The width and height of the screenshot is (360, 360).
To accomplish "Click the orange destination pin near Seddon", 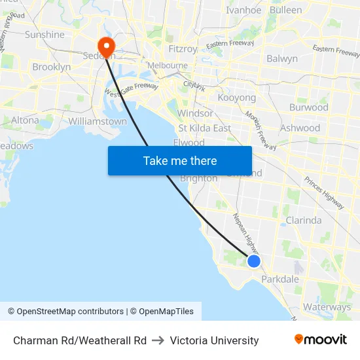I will click(x=105, y=45).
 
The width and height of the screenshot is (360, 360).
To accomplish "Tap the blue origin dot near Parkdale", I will click(x=254, y=261).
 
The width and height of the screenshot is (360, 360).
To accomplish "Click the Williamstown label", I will click(x=98, y=121).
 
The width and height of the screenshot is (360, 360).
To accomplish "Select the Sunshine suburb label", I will click(x=45, y=35).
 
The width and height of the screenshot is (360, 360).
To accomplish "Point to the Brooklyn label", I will click(x=51, y=67).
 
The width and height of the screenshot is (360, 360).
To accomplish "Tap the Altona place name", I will click(x=25, y=120).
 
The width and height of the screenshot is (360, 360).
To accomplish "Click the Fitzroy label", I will click(x=183, y=49).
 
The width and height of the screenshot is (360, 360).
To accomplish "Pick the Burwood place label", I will click(x=308, y=107).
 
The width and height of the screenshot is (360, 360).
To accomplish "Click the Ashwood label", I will click(x=300, y=128).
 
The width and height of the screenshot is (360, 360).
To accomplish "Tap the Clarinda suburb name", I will click(x=303, y=221).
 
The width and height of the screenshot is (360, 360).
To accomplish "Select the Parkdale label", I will click(x=279, y=279).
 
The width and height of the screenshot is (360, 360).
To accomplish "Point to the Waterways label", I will click(x=327, y=307).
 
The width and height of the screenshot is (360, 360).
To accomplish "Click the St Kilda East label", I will click(x=205, y=128).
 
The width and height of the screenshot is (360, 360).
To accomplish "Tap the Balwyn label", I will click(x=282, y=59).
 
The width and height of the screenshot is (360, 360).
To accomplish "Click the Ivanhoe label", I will click(x=243, y=10).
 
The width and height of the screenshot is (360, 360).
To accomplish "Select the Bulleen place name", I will click(x=286, y=10).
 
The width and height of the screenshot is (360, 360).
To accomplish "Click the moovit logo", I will click(x=321, y=340).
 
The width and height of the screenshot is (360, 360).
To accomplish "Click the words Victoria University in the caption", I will click(x=214, y=340).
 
